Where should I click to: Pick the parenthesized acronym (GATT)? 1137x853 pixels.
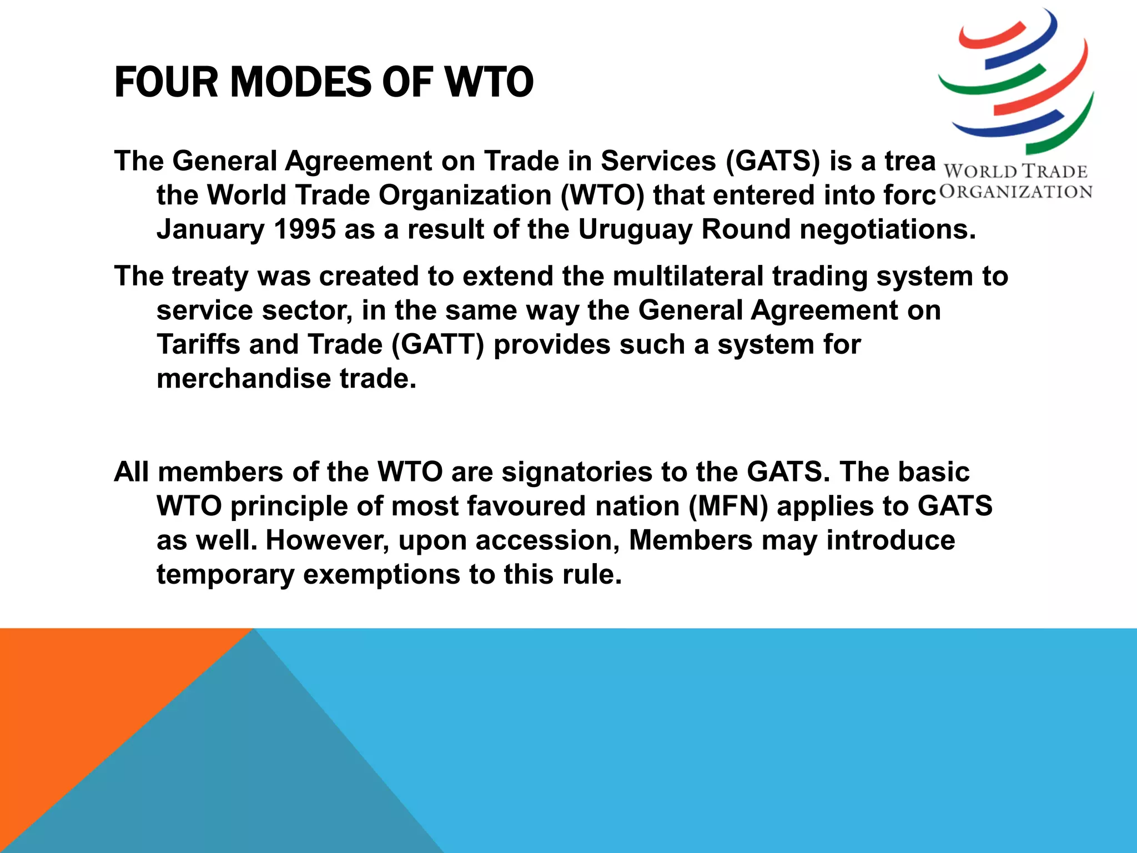click(437, 345)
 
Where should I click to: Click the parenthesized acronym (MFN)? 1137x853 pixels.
click(728, 506)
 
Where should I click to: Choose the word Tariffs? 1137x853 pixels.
click(198, 344)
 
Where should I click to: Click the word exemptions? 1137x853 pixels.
click(381, 574)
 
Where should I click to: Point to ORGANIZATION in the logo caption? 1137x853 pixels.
click(1015, 192)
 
